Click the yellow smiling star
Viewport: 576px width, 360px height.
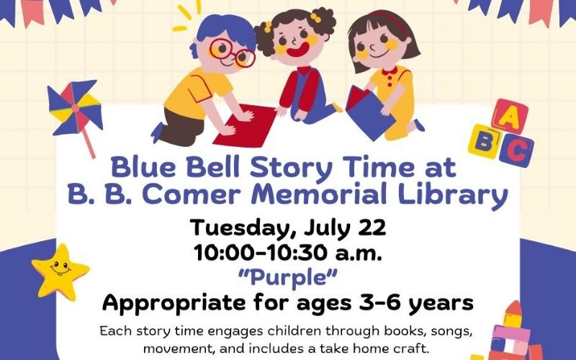[60, 271]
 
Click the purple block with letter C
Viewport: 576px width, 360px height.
[516, 150]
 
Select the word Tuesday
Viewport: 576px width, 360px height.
[238, 228]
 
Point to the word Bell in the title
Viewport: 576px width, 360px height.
[210, 168]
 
